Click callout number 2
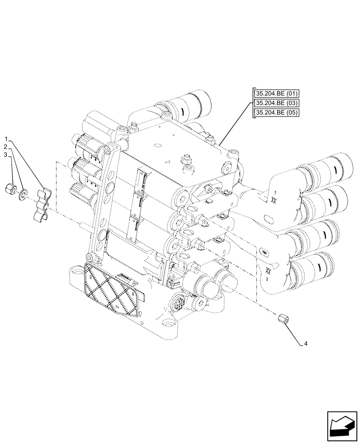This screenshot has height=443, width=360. (6, 147)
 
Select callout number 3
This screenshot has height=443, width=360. (6, 154)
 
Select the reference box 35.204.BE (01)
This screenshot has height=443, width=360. (277, 93)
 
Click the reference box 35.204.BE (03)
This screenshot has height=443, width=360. (277, 103)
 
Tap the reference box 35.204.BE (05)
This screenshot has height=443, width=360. (277, 113)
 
